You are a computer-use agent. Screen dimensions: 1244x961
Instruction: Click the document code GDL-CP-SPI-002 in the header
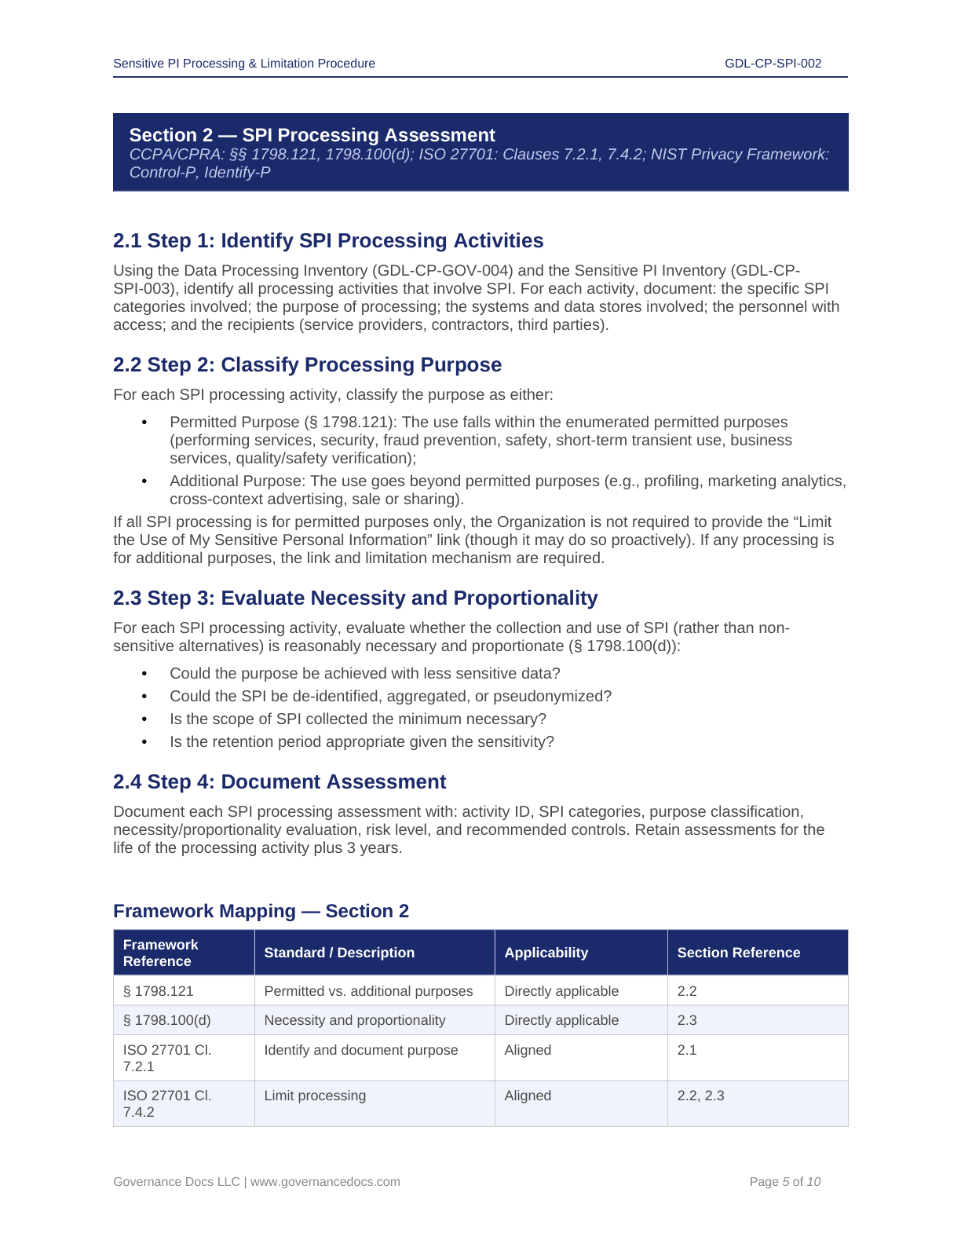773,64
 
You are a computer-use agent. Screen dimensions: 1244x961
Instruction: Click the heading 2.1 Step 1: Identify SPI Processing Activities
328,241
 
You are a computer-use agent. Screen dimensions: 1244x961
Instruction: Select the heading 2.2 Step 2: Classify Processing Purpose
307,365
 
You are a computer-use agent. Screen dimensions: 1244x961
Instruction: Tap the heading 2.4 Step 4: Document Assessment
280,782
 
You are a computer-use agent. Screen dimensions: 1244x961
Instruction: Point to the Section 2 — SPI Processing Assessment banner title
312,135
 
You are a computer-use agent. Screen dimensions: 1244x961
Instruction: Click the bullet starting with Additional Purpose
507,490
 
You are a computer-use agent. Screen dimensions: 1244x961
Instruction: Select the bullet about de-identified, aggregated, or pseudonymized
390,697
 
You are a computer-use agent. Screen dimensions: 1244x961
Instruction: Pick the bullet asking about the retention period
361,742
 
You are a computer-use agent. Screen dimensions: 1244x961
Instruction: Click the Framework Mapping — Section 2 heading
261,911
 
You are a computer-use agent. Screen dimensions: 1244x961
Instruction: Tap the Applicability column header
546,953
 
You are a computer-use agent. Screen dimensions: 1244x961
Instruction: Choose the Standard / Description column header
339,953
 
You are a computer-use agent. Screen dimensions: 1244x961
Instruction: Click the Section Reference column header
738,953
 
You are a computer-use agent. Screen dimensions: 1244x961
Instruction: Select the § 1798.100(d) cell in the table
167,1020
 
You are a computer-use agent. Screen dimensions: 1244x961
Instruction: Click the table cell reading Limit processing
315,1096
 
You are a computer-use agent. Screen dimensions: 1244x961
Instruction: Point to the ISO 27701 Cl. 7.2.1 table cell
167,1058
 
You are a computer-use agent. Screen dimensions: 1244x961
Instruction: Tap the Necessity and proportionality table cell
354,1020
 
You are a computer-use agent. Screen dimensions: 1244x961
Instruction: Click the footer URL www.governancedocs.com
325,1182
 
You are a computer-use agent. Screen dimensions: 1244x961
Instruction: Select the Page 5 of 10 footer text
784,1182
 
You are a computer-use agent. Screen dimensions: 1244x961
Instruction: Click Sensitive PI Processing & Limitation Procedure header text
244,64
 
